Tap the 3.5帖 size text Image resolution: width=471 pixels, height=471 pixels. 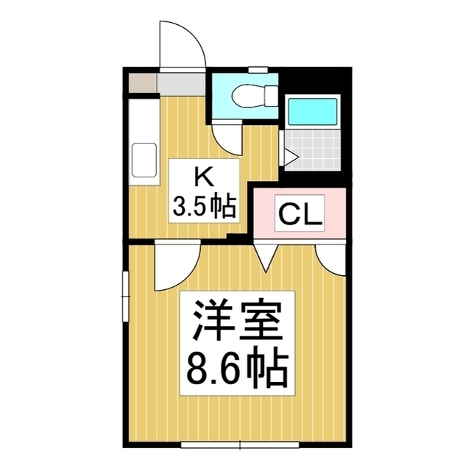pyautogui.click(x=204, y=208)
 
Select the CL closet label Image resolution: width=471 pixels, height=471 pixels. pyautogui.click(x=300, y=213)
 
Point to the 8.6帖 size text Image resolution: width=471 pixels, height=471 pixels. pyautogui.click(x=237, y=367)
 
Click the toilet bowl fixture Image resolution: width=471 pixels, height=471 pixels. pyautogui.click(x=255, y=96)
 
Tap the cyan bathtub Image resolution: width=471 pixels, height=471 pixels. pyautogui.click(x=312, y=111)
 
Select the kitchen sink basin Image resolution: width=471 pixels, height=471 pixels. pyautogui.click(x=144, y=160)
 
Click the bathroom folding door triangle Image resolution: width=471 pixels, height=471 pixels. pyautogui.click(x=290, y=157)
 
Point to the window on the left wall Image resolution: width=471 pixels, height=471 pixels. pyautogui.click(x=125, y=297)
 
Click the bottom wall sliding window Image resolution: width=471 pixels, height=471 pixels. pyautogui.click(x=240, y=445)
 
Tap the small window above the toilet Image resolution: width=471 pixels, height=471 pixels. pyautogui.click(x=258, y=70)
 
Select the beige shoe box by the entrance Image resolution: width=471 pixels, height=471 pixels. pyautogui.click(x=143, y=83)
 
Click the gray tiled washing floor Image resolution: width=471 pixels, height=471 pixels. pyautogui.click(x=312, y=150)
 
